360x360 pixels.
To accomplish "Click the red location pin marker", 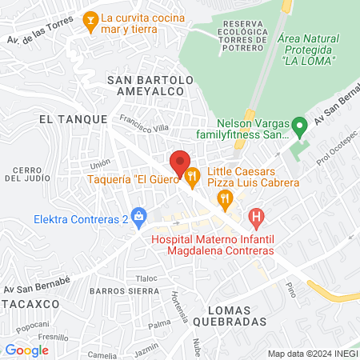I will pos(180,160).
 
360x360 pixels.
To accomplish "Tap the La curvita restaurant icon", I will pos(90,18).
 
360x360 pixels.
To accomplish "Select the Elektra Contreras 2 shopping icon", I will pos(139,214).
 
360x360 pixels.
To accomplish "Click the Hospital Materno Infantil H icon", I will pos(256,215).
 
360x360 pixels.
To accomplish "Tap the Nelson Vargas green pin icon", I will pos(298,126).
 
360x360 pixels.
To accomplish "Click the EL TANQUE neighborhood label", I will pos(73,118).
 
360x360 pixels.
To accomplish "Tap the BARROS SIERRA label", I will pos(120,291).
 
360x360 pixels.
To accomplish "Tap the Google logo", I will pos(27,350).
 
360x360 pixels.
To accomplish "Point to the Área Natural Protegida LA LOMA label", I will pos(308,50).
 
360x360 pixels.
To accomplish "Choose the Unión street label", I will pos(99,165).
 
